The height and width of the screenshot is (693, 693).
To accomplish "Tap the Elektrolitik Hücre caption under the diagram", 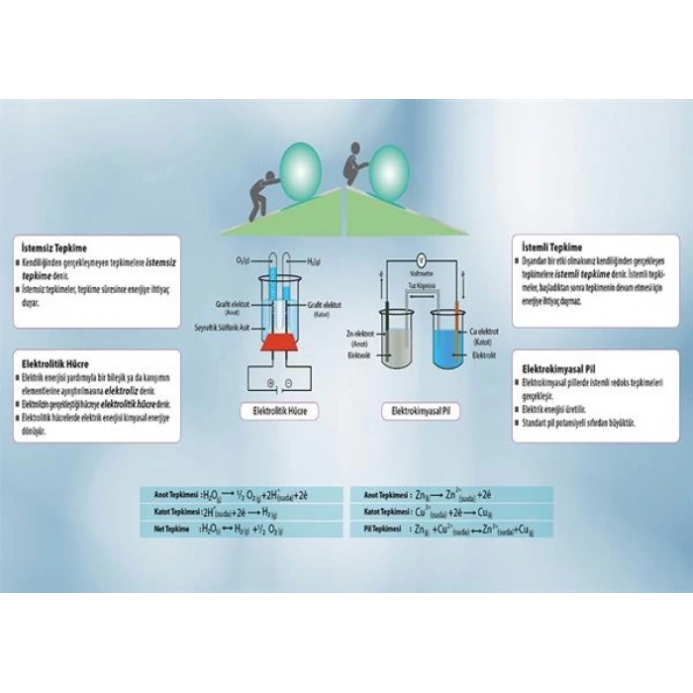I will point(276,409).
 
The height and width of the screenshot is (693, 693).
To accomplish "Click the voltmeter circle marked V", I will point(420,260).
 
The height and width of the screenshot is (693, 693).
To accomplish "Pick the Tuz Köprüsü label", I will point(423,284).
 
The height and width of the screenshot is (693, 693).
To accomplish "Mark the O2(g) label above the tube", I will point(244,260).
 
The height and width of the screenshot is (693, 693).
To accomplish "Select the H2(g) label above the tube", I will point(315,260).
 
